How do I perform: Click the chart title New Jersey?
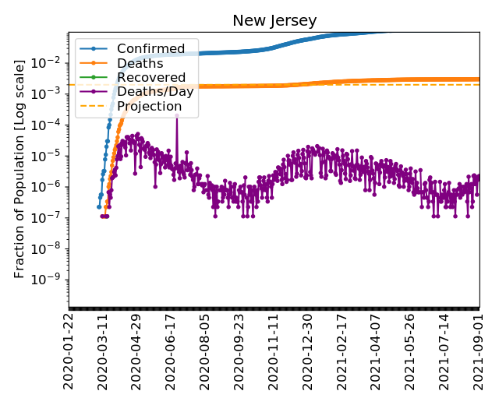pyautogui.click(x=274, y=21)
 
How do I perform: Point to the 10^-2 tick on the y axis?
pyautogui.click(x=51, y=62)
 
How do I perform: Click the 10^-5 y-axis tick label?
pyautogui.click(x=51, y=156)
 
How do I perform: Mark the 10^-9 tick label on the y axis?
pyautogui.click(x=51, y=280)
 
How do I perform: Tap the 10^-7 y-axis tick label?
pyautogui.click(x=51, y=217)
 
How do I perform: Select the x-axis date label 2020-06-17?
pyautogui.click(x=171, y=350)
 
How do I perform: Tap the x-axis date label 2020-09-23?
pyautogui.click(x=239, y=350)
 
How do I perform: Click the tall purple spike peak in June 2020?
pyautogui.click(x=176, y=115)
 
